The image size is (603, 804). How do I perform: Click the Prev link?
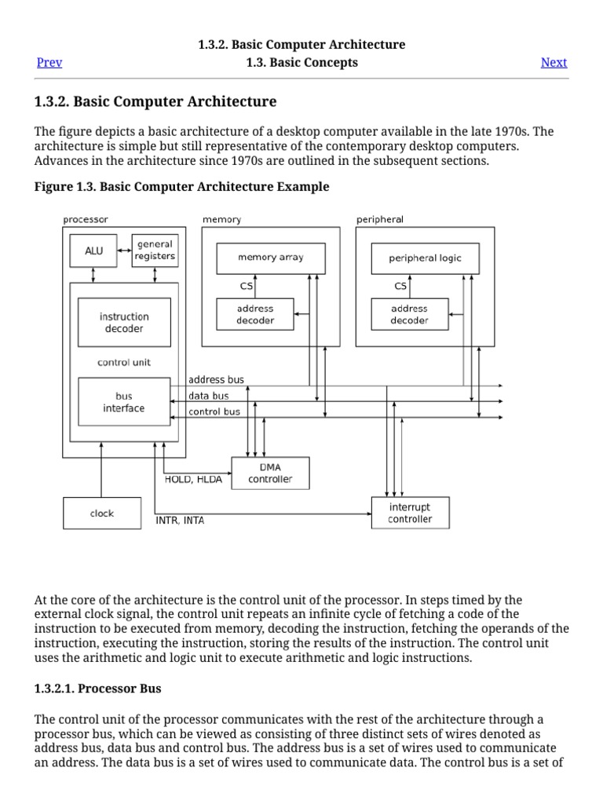click(49, 63)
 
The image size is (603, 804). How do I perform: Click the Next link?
click(554, 63)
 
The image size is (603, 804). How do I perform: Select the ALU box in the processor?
click(93, 251)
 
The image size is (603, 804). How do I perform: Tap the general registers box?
click(155, 250)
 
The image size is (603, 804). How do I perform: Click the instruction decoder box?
click(124, 323)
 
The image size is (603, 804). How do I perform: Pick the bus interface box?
click(124, 402)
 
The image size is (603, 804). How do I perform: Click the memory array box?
click(270, 258)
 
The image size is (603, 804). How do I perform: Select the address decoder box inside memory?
click(255, 314)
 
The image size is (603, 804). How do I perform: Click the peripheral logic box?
click(425, 258)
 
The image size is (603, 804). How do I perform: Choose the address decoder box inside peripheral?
click(409, 314)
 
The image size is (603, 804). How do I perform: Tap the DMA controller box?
click(270, 473)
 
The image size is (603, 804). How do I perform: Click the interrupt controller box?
click(410, 513)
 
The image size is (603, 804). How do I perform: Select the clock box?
click(102, 513)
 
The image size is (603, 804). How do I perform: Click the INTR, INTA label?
click(180, 520)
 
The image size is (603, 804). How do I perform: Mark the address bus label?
click(216, 380)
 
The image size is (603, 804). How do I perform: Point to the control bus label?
click(214, 411)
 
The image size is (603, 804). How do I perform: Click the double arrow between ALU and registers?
click(123, 250)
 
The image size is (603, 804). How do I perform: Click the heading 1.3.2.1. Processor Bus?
click(98, 689)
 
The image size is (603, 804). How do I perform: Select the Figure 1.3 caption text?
click(182, 187)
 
